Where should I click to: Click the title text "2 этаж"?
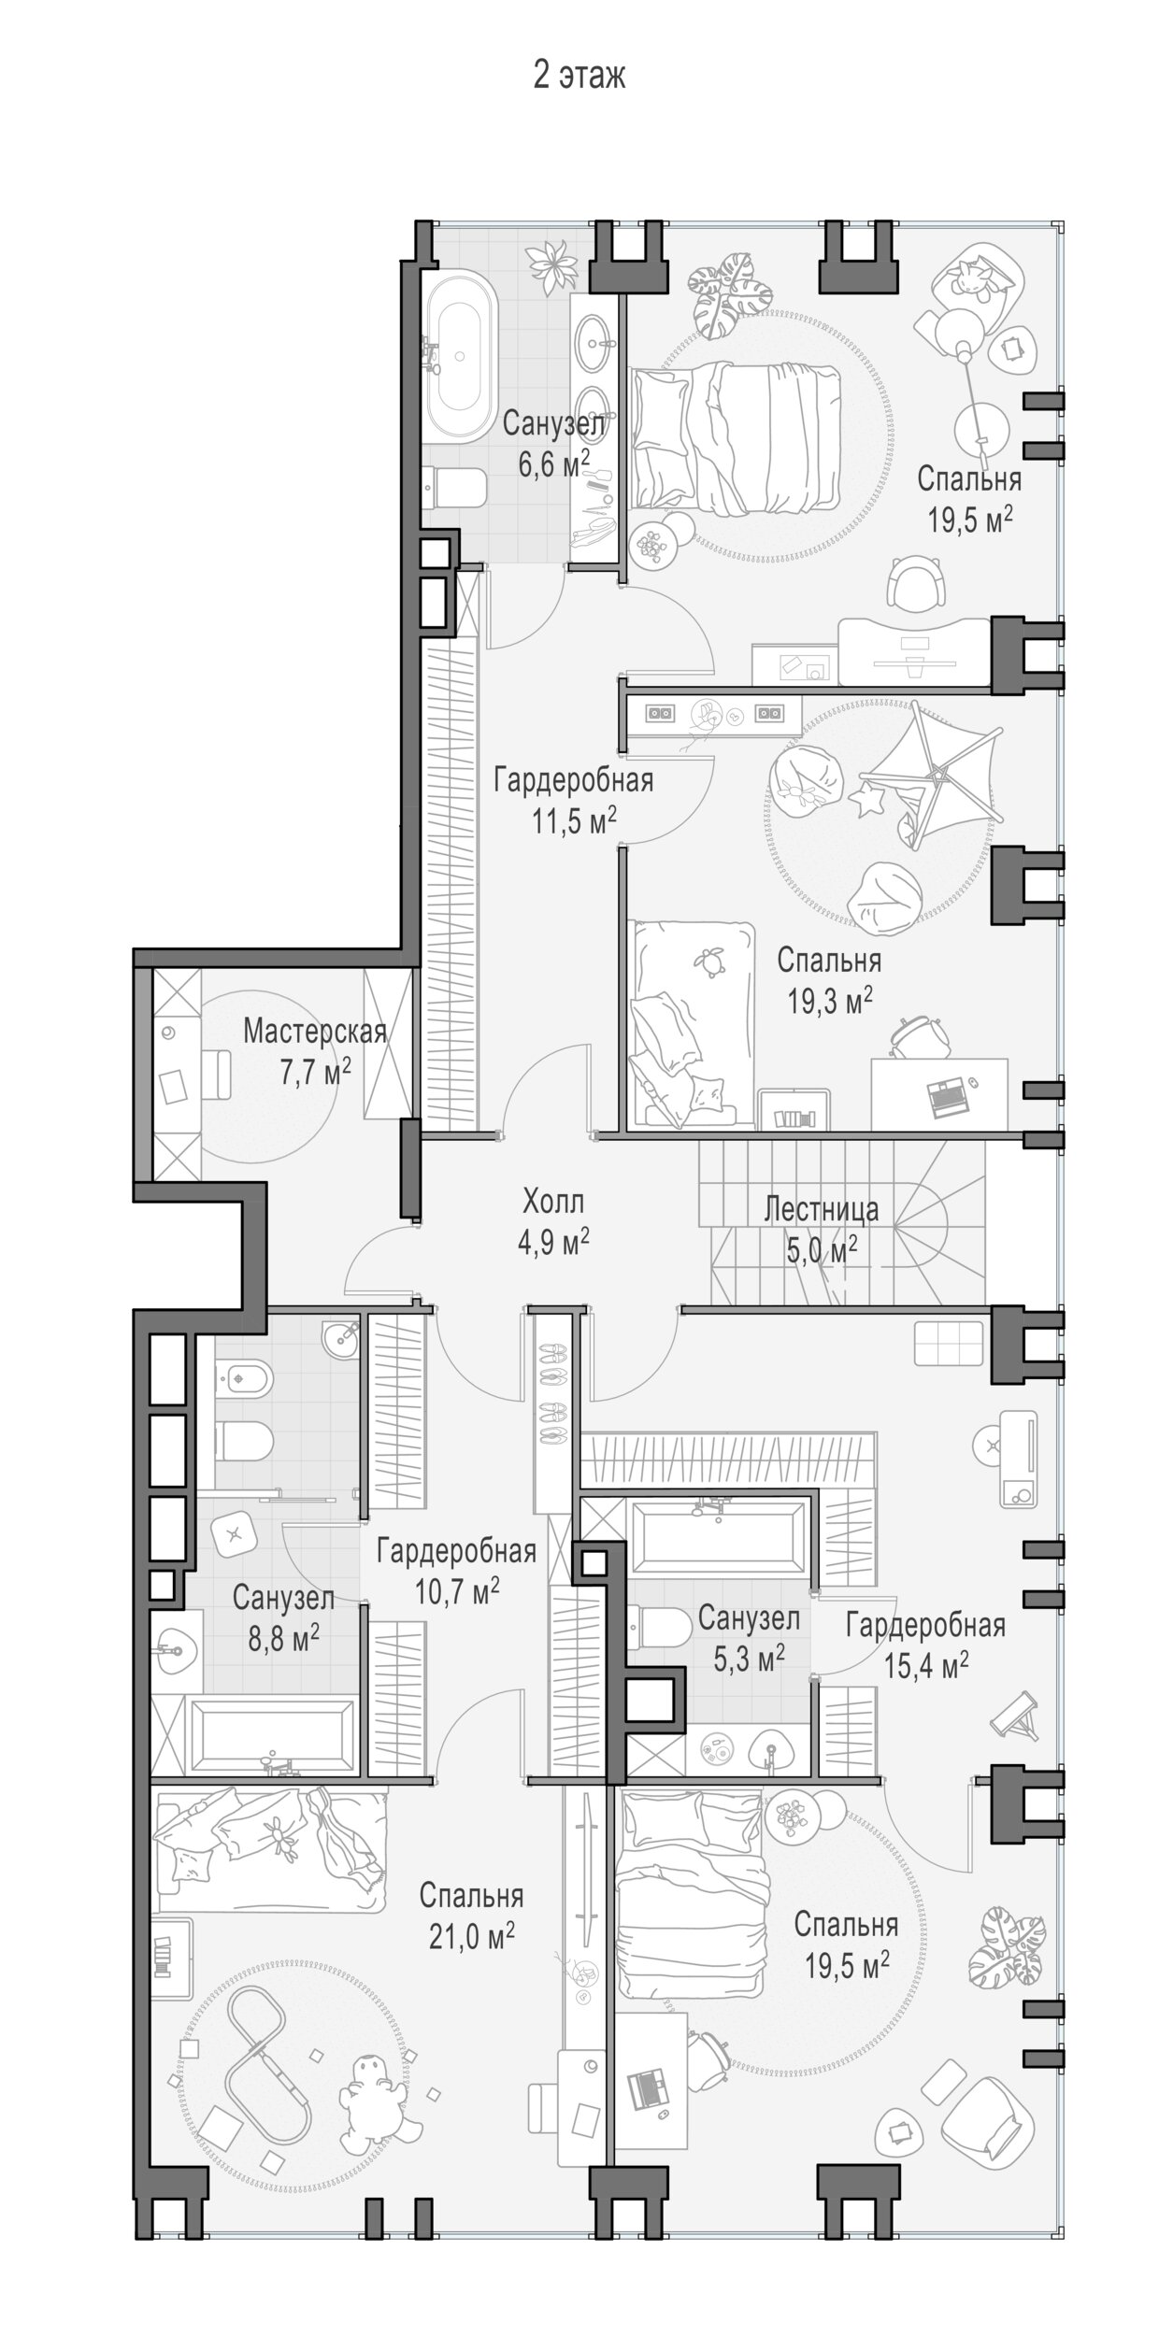coord(579,76)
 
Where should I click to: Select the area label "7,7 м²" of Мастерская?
coord(315,1072)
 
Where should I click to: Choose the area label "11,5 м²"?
coord(574,821)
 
